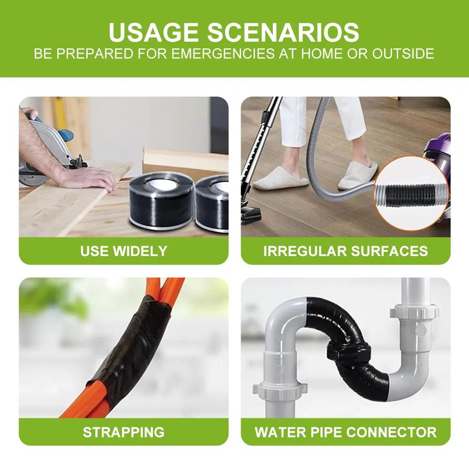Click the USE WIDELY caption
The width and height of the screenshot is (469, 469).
[x=123, y=251]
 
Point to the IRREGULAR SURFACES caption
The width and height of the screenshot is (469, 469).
[x=346, y=251]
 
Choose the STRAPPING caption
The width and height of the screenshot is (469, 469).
[x=123, y=431]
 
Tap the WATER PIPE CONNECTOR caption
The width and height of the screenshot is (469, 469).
[x=346, y=431]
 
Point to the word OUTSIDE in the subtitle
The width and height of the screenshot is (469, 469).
[x=403, y=53]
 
